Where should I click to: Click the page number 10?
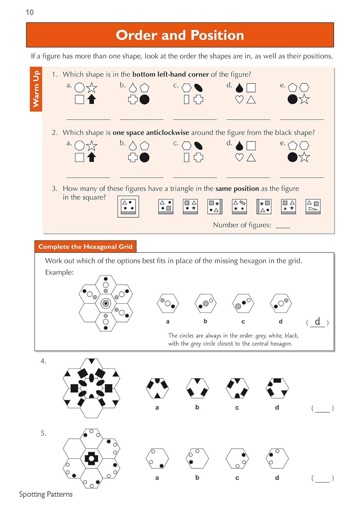30,13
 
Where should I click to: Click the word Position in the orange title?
217,35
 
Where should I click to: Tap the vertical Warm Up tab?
36,89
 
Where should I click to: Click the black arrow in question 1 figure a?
92,99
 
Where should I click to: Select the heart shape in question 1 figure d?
239,100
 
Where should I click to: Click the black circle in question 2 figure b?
145,157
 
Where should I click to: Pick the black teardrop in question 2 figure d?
239,146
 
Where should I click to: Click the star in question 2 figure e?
304,157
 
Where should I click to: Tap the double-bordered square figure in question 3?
128,206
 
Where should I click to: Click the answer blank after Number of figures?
283,225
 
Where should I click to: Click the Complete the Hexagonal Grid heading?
85,247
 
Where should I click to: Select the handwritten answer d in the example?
318,321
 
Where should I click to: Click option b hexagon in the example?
205,303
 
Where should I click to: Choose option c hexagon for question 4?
237,388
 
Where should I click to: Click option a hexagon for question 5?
157,458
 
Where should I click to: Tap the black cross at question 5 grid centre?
91,458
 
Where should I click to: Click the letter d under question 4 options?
277,408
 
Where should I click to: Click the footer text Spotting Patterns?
46,494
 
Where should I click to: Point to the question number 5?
43,433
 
